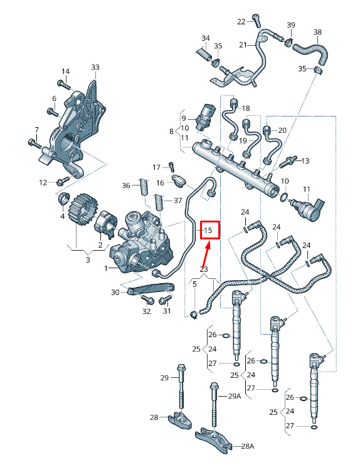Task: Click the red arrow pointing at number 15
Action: (x=206, y=255)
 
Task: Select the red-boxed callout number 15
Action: (x=208, y=230)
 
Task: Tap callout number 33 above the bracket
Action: (x=95, y=67)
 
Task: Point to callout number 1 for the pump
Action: (x=106, y=268)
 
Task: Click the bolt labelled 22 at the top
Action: (x=256, y=20)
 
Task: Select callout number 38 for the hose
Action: (x=317, y=32)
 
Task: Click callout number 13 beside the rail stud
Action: (x=305, y=161)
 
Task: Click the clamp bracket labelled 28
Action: (x=180, y=420)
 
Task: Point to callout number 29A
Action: (x=235, y=396)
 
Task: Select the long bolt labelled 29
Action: (x=181, y=386)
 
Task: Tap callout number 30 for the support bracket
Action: (x=115, y=292)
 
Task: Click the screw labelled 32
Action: (x=147, y=299)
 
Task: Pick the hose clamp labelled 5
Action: (x=194, y=315)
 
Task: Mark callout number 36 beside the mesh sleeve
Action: (x=126, y=185)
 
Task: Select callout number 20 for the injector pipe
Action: (x=282, y=130)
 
